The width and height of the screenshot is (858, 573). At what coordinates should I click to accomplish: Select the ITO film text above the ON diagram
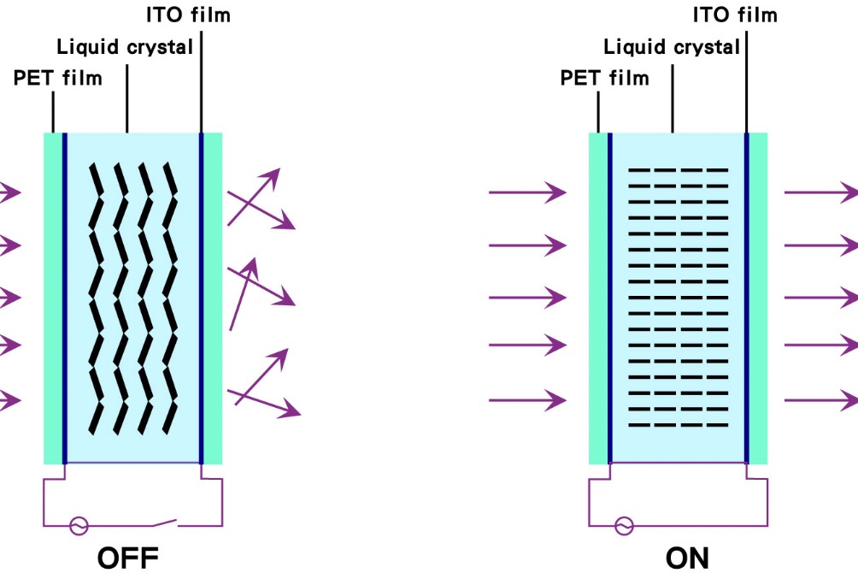(x=733, y=15)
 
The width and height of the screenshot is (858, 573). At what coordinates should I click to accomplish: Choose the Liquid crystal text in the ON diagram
(x=672, y=46)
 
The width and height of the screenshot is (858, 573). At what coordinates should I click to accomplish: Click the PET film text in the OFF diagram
(x=58, y=80)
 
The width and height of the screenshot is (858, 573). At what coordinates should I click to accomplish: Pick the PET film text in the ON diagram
(x=604, y=79)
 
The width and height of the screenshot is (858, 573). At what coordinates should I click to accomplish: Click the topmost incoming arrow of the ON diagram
(x=526, y=193)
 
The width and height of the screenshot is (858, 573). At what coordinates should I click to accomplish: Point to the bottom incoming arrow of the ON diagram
(x=526, y=399)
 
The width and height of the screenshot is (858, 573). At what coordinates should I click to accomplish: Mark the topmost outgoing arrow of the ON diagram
(x=820, y=193)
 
